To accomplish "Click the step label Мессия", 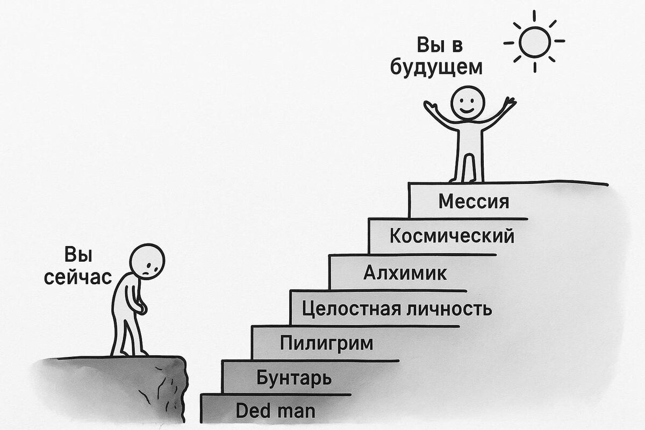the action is pos(473,202).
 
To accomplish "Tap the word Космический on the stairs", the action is pos(452,236).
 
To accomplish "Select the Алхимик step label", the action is pos(405,273).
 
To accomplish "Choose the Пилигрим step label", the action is pos(326,343).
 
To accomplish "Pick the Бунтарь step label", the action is pos(293,377).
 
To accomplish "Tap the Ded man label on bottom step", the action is pos(275,412).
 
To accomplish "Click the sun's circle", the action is pos(535,42).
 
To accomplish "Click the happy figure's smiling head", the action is pos(468,102).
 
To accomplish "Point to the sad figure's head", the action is pos(148,261).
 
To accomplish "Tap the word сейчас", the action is pos(78,277).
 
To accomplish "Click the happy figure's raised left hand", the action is pos(429,105).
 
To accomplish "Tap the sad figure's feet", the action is pos(129,352).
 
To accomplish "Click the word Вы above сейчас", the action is pos(78,255).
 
